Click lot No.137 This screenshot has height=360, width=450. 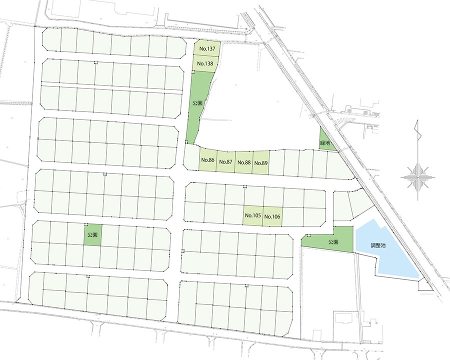[206, 48]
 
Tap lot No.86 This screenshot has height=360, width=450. [207, 161]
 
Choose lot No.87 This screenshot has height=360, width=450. [225, 162]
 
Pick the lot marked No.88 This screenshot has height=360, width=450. [243, 162]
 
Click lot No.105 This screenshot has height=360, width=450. [253, 216]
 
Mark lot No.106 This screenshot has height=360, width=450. [272, 216]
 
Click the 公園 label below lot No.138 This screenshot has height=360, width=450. [197, 102]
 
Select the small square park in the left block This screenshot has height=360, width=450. [92, 234]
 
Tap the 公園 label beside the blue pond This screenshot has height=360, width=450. [334, 241]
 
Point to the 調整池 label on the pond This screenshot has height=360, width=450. [378, 245]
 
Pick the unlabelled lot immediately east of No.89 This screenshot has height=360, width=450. [276, 163]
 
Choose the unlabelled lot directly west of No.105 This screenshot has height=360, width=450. [234, 215]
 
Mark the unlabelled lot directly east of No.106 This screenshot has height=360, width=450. [292, 216]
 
